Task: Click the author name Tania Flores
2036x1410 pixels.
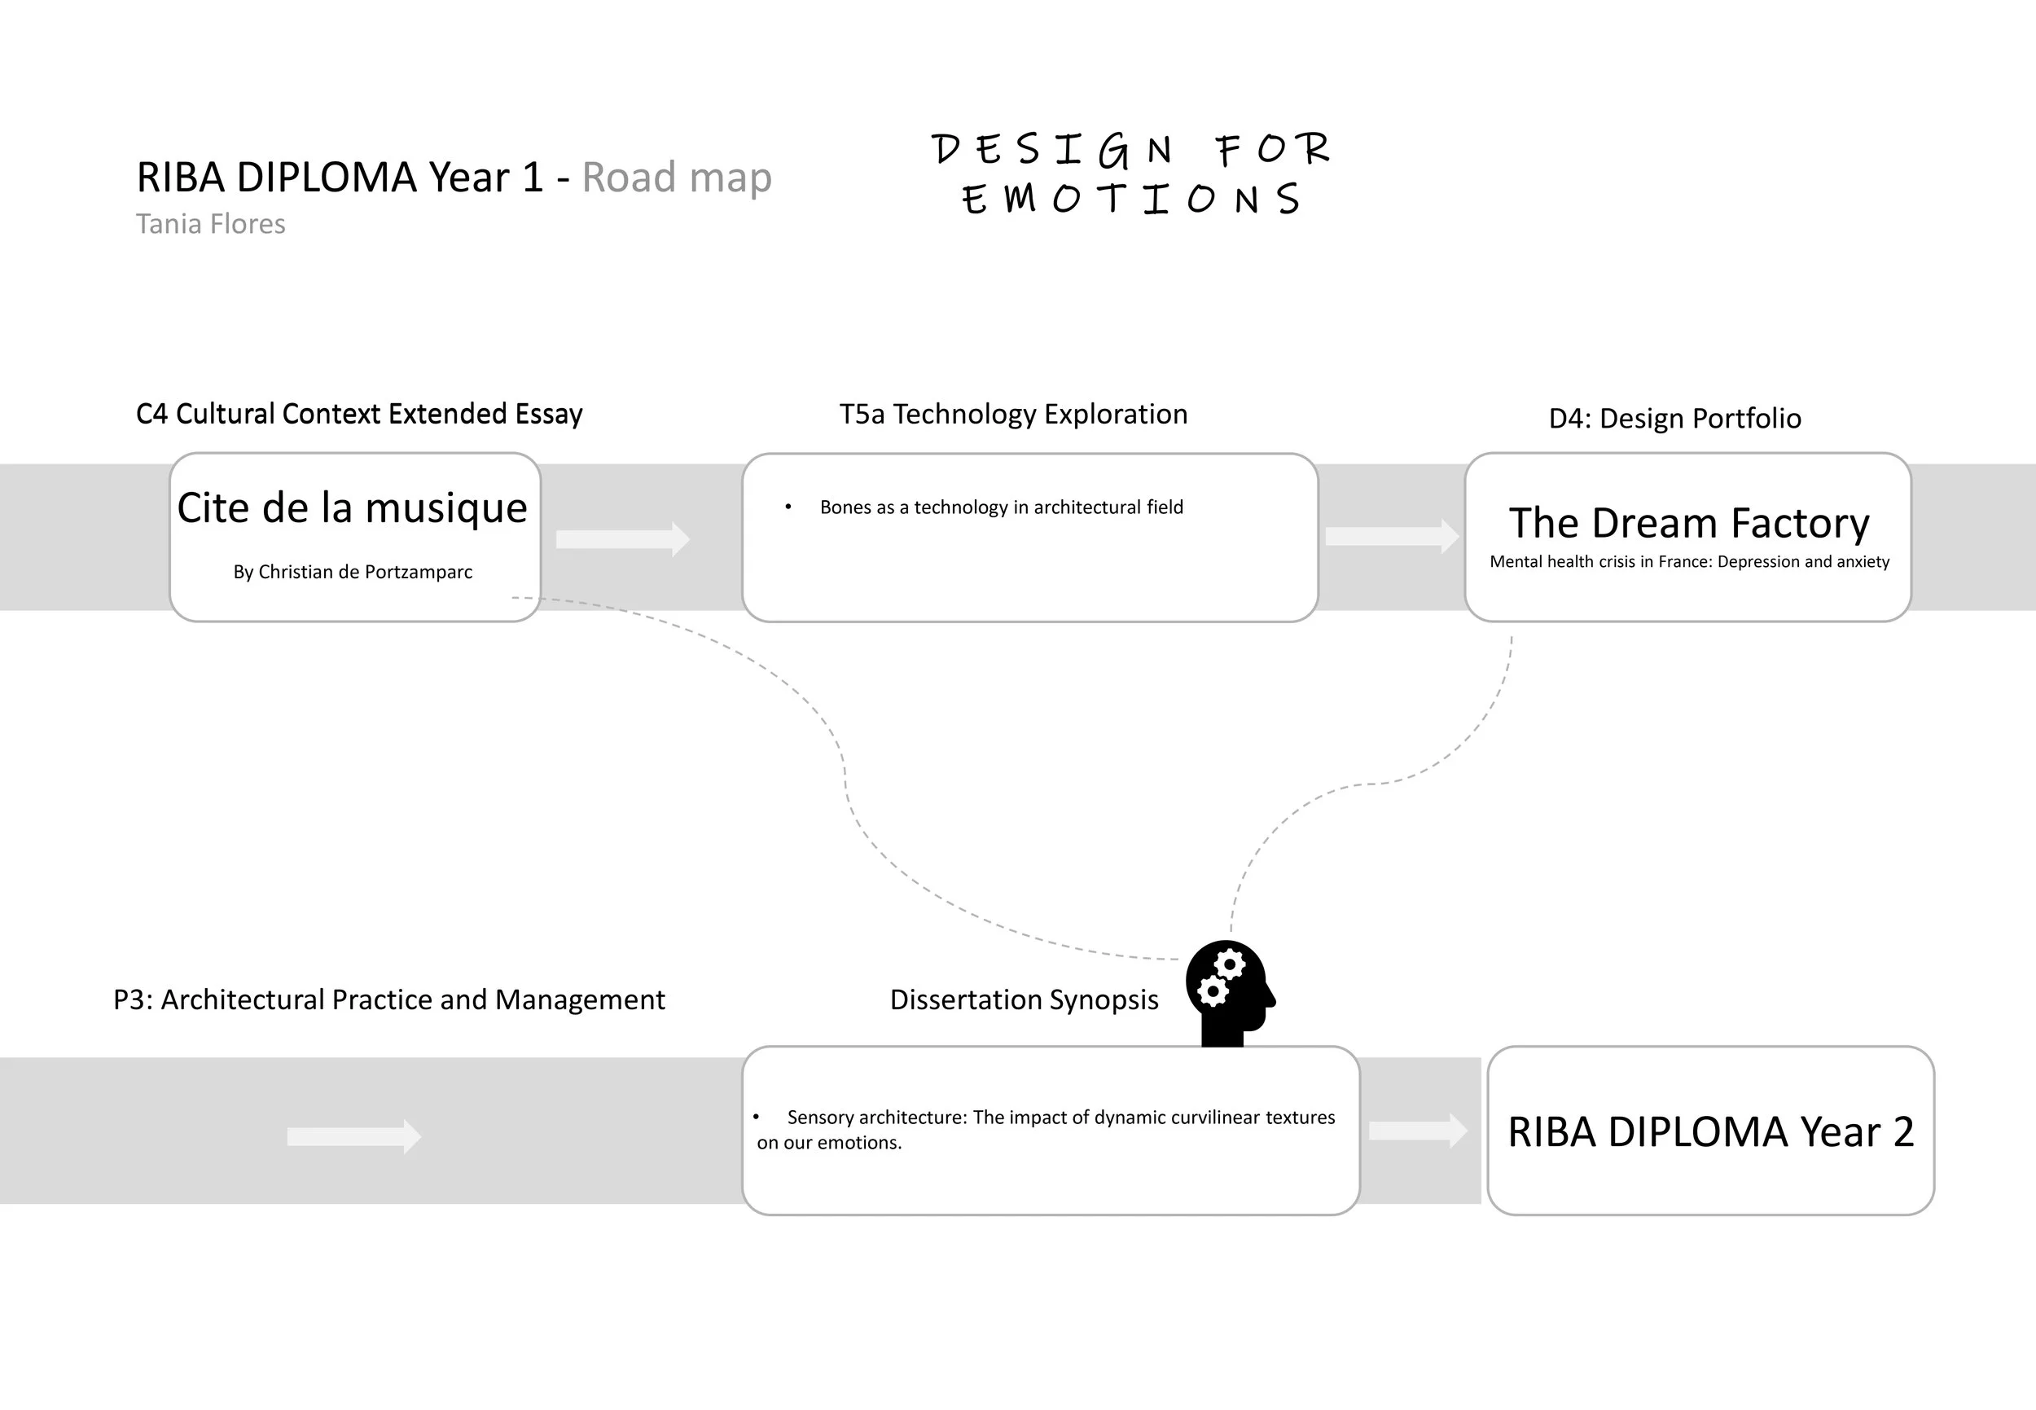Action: point(210,224)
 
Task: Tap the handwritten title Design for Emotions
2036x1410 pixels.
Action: point(1130,174)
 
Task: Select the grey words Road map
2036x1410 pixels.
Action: point(677,178)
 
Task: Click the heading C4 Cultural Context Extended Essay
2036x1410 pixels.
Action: point(359,415)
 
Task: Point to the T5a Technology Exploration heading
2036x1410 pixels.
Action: point(1013,415)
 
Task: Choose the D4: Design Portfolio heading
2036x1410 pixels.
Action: point(1674,419)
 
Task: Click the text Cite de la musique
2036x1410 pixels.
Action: point(353,508)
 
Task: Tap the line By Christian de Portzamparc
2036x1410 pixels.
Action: point(353,573)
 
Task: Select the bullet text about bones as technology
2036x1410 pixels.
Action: point(1001,507)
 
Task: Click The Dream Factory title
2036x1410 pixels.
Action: point(1689,523)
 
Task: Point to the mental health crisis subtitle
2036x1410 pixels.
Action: point(1689,562)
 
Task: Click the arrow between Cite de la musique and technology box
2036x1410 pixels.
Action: point(622,539)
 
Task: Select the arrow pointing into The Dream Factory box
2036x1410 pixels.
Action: point(1391,536)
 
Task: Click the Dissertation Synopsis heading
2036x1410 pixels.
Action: point(1024,1000)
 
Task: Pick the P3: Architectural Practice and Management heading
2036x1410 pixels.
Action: point(388,1000)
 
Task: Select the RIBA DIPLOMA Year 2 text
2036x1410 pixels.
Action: point(1710,1132)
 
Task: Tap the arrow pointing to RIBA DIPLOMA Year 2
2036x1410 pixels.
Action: point(1418,1131)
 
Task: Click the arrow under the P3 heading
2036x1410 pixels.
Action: point(354,1136)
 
